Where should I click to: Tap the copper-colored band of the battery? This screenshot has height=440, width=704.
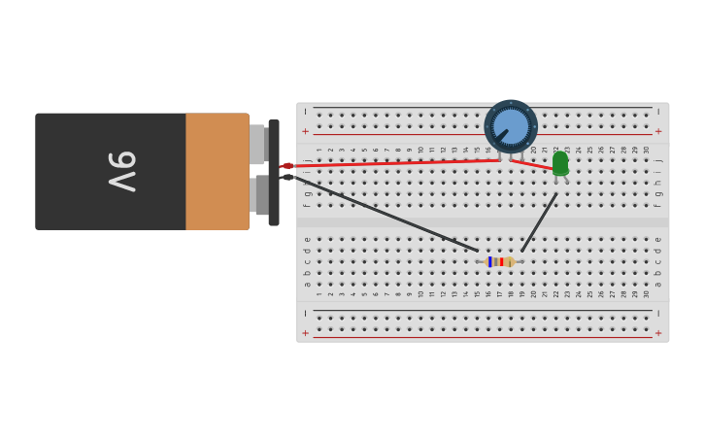click(217, 171)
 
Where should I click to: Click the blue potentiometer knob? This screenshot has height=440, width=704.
click(511, 126)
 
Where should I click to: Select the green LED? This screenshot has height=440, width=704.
click(560, 163)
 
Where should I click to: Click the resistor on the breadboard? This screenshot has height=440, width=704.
click(500, 261)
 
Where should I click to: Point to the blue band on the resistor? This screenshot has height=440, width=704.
click(491, 261)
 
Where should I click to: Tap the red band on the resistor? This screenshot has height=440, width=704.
click(501, 261)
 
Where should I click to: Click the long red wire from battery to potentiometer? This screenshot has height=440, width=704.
click(388, 163)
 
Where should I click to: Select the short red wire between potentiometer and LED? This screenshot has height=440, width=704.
click(532, 165)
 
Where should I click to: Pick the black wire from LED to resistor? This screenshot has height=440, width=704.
click(539, 222)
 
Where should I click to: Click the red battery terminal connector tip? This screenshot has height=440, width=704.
click(286, 166)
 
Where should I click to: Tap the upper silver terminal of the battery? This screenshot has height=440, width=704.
click(257, 144)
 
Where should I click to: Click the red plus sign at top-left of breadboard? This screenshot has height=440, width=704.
click(305, 131)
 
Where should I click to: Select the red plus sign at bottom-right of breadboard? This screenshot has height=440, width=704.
click(658, 333)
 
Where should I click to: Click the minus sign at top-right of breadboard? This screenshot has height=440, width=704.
click(658, 111)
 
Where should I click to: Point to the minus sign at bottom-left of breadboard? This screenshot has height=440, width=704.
click(305, 313)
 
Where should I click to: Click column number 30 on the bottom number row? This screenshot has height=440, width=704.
click(647, 293)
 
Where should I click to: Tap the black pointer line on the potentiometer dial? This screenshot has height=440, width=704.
click(502, 134)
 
